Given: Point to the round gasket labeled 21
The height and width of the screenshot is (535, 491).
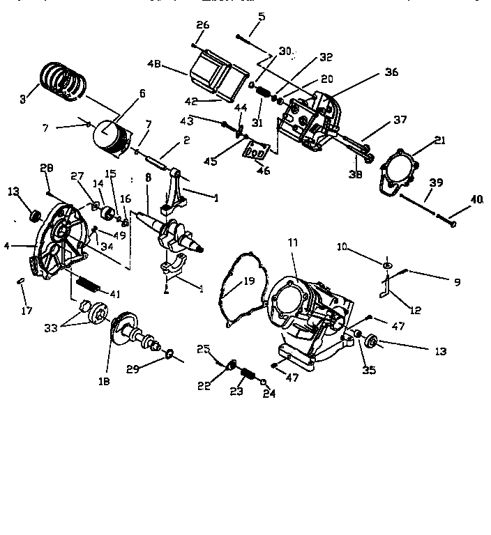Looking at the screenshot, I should [398, 171].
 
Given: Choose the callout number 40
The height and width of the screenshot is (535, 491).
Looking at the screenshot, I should [476, 199].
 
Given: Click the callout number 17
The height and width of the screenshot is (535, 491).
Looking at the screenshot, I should [27, 311].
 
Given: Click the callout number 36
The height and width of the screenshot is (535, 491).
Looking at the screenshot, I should [391, 71].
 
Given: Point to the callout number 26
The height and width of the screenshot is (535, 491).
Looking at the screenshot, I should [202, 25].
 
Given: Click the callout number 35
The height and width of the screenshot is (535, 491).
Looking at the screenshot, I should [369, 370].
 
